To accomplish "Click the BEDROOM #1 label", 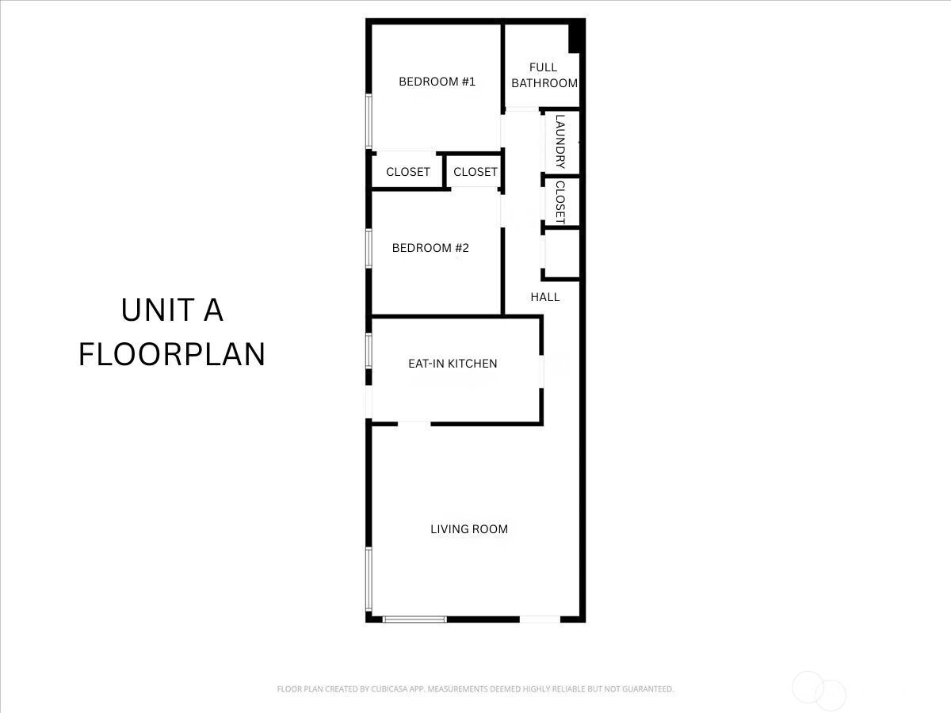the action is [437, 82].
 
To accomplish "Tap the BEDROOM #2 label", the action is [430, 248].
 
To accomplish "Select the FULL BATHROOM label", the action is [544, 75].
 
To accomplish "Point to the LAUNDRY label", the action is [560, 142].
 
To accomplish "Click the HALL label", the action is [545, 297].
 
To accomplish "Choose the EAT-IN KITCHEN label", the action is [453, 364].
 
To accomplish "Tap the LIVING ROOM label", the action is [469, 529].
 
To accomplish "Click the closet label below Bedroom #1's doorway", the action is [407, 172].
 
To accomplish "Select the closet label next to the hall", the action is [475, 172].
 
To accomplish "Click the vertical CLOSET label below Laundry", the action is [560, 203].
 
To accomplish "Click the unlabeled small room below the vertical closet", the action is [563, 254].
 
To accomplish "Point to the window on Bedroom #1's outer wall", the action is [369, 121].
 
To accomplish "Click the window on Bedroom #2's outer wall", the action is [369, 248].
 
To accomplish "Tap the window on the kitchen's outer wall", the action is [369, 351].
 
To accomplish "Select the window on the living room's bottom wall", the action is [414, 620].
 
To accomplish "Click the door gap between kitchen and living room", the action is [414, 424].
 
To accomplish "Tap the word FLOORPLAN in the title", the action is [171, 354].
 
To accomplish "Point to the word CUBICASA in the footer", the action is [388, 688].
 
